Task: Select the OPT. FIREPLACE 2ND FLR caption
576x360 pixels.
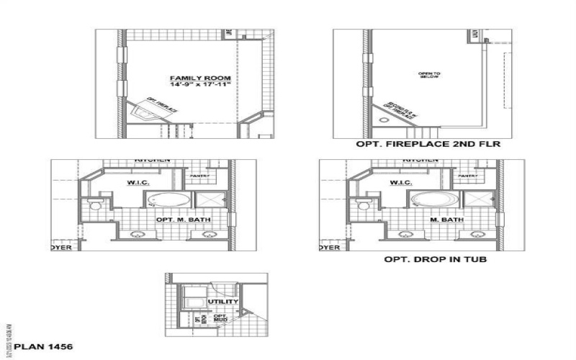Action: (428, 144)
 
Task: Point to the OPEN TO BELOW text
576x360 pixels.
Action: (428, 75)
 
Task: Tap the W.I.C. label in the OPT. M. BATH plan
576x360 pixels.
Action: (137, 183)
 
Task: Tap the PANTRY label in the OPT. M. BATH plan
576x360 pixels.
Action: (199, 175)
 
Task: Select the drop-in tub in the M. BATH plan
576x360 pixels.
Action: (436, 199)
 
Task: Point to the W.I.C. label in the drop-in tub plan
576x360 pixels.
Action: (402, 183)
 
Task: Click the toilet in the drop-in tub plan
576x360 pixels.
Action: (364, 206)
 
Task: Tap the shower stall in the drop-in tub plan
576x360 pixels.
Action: (478, 200)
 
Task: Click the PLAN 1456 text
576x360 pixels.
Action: (43, 347)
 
